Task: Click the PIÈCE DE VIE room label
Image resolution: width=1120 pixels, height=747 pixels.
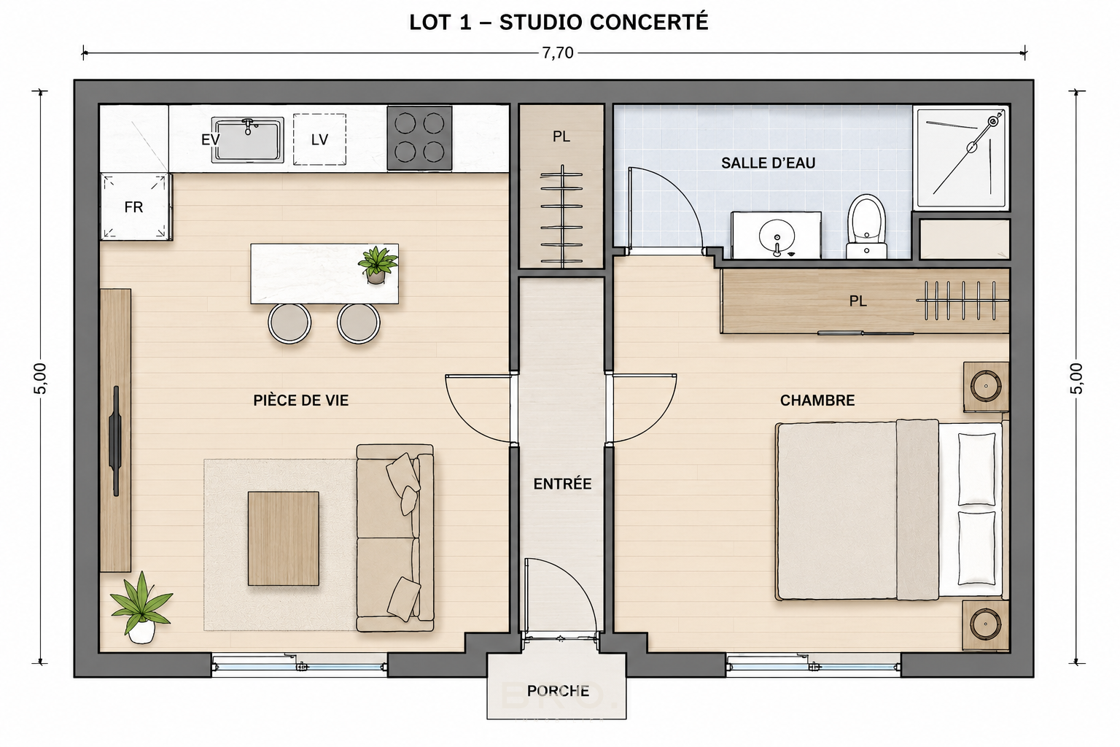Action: [x=301, y=400]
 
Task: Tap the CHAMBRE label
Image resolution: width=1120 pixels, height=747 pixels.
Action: [x=817, y=400]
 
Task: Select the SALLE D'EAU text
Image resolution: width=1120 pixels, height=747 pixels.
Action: [x=768, y=163]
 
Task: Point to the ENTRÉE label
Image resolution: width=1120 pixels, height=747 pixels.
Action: [x=562, y=484]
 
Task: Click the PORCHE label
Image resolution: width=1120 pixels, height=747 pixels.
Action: [x=558, y=691]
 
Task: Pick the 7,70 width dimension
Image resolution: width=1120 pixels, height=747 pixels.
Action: [x=558, y=53]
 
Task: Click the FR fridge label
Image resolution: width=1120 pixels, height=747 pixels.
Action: [x=133, y=207]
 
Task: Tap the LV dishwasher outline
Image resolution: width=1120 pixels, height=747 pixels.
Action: [x=319, y=139]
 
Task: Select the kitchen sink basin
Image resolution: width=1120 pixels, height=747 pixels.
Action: [x=247, y=140]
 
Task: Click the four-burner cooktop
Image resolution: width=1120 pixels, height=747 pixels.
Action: [x=419, y=138]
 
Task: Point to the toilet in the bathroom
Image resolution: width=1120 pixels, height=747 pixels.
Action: [x=866, y=226]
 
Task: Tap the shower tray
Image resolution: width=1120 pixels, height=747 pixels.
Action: [x=961, y=158]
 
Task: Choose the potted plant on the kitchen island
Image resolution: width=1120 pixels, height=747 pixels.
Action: [x=378, y=265]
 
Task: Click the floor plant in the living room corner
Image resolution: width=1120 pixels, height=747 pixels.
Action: [x=141, y=608]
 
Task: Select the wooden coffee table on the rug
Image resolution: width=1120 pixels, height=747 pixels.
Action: [x=284, y=538]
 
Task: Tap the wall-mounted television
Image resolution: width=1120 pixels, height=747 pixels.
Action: [x=115, y=441]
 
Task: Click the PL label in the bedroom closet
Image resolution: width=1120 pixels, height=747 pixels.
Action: [x=857, y=301]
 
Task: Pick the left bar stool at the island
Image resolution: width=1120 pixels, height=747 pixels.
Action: [x=289, y=323]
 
